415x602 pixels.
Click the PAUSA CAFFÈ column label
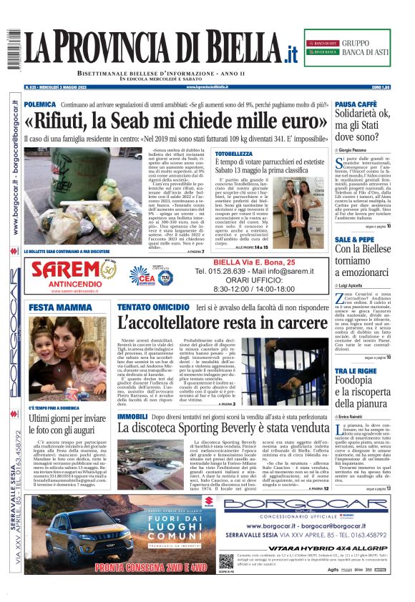click(356, 104)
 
